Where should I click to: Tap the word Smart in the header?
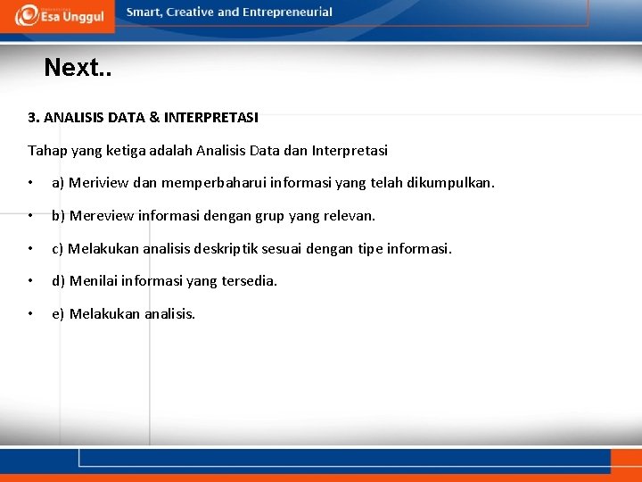click(144, 12)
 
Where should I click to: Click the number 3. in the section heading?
click(34, 117)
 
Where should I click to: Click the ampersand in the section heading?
click(154, 117)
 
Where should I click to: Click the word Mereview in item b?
click(99, 216)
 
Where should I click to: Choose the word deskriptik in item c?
click(273, 248)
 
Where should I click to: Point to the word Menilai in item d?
click(93, 281)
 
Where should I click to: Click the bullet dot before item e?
click(30, 314)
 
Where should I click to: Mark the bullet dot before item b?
click(30, 216)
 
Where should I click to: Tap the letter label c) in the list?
click(57, 248)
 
